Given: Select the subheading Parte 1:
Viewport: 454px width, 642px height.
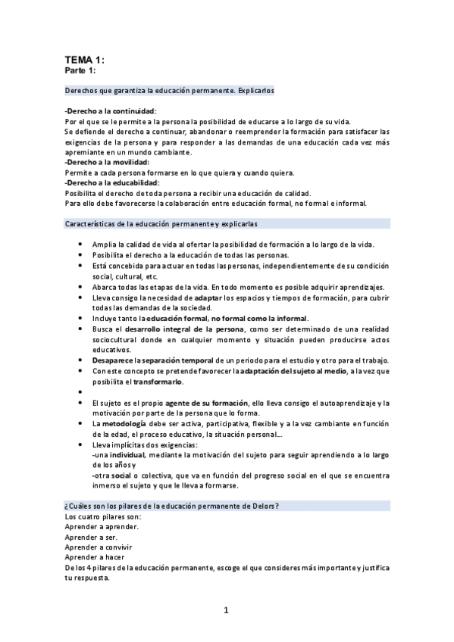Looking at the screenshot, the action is tap(80, 70).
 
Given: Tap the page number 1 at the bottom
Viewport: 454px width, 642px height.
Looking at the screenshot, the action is tap(226, 610).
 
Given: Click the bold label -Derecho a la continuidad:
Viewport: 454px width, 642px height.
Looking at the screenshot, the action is tap(111, 111).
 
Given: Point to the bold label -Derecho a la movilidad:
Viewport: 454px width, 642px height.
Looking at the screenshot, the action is tap(107, 162).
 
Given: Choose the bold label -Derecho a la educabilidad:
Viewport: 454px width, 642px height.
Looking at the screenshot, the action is tap(112, 182).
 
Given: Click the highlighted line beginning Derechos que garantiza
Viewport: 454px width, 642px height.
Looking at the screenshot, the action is tap(169, 91).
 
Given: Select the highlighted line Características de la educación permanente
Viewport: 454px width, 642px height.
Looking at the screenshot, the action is tap(175, 224).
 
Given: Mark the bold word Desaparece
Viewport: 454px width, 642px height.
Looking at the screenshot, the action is tap(115, 360).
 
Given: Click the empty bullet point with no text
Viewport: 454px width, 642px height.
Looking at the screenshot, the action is tap(81, 392).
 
